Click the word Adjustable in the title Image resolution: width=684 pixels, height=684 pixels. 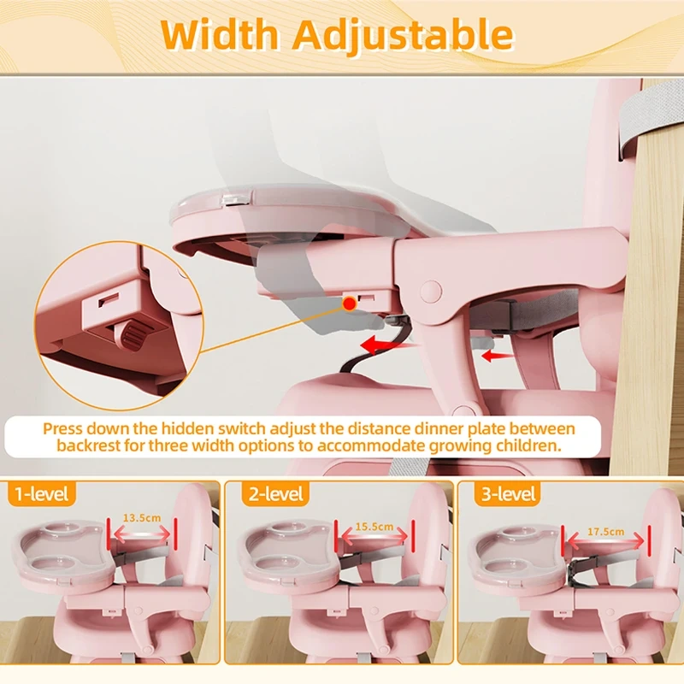[403, 35]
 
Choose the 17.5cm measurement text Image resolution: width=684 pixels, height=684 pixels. [605, 532]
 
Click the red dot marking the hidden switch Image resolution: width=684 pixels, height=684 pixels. [349, 303]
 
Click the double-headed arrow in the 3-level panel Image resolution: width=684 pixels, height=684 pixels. [605, 544]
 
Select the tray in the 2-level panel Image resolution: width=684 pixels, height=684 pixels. [291, 556]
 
